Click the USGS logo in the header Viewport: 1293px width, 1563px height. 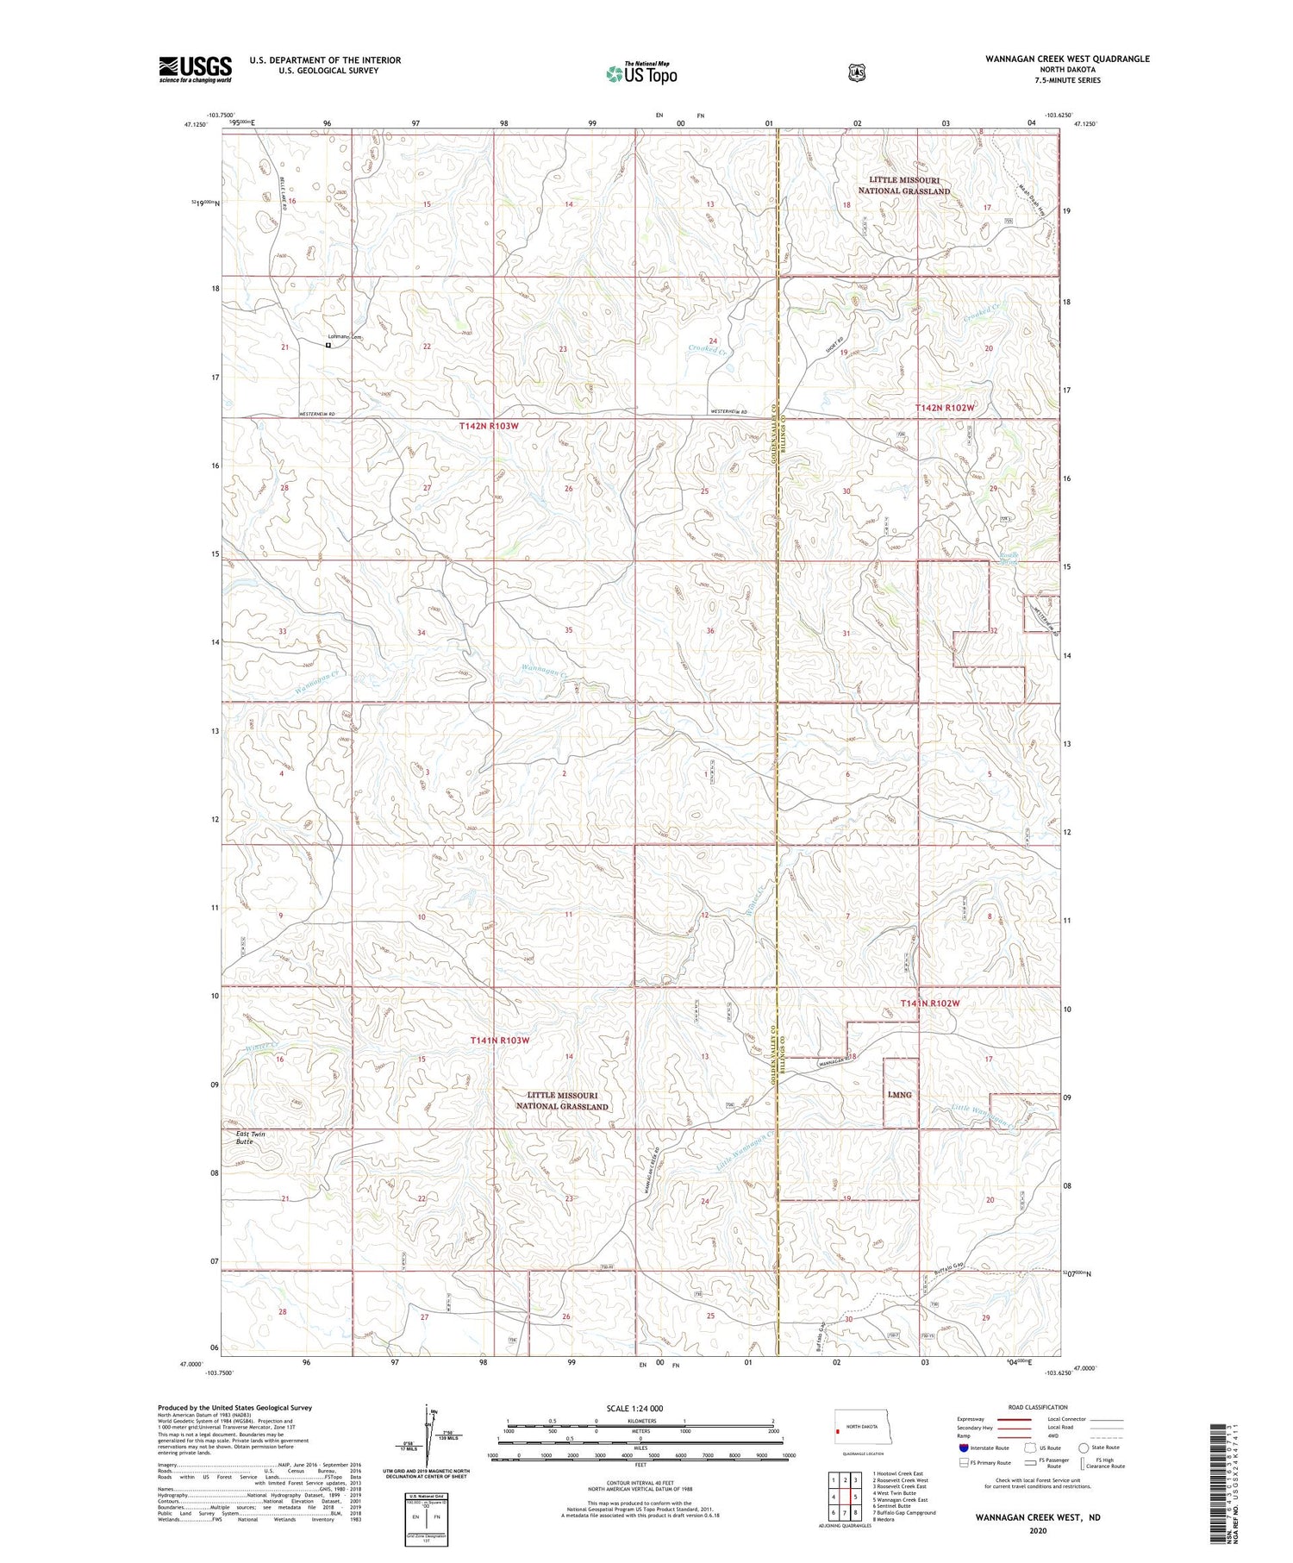tap(195, 69)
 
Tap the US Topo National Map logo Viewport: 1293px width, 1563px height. tap(641, 72)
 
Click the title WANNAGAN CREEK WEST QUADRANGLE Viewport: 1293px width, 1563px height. tap(1067, 59)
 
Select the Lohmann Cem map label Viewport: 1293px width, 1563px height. tap(342, 337)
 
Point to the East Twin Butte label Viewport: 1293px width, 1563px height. tap(250, 1137)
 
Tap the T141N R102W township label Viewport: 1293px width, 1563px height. tap(930, 1003)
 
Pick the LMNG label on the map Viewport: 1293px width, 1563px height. tap(900, 1095)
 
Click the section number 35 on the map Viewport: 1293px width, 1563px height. tap(568, 630)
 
